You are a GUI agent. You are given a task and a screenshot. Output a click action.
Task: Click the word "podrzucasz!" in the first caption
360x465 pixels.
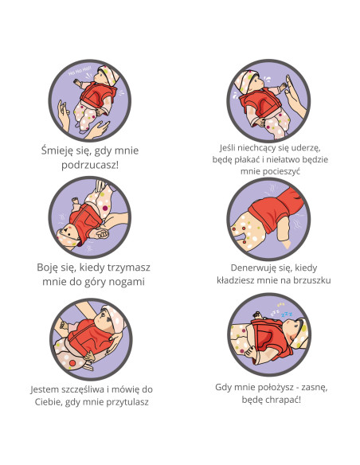pyautogui.click(x=90, y=165)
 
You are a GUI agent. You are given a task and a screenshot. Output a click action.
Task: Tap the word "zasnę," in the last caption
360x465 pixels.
pyautogui.click(x=313, y=388)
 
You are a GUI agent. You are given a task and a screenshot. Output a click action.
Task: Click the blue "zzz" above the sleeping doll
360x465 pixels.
pyautogui.click(x=287, y=314)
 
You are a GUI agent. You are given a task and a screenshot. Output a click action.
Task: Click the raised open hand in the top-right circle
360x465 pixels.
pyautogui.click(x=295, y=96)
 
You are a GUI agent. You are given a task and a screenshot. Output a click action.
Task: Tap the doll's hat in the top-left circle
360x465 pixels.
pyautogui.click(x=109, y=75)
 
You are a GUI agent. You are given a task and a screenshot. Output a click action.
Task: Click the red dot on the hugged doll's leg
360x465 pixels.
pyautogui.click(x=72, y=363)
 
